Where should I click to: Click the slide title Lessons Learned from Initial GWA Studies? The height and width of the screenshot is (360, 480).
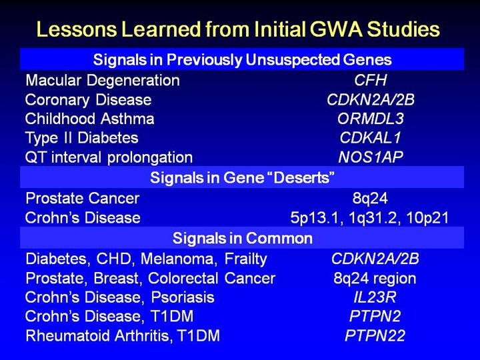[x=238, y=29]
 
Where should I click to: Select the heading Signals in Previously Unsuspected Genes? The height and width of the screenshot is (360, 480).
[x=242, y=59]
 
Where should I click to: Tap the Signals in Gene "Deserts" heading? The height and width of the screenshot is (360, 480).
[x=242, y=177]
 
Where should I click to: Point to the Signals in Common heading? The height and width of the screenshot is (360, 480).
[x=242, y=238]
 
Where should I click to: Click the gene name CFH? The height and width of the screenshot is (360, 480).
[x=371, y=80]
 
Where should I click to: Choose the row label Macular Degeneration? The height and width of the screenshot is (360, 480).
[x=103, y=81]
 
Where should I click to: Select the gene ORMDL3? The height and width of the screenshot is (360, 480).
[x=371, y=119]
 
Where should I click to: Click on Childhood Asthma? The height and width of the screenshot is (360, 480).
[x=90, y=119]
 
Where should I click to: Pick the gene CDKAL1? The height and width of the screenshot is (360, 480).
[x=371, y=138]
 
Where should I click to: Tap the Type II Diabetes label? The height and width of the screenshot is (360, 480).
[x=82, y=138]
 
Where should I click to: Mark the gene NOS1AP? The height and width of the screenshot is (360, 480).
[x=371, y=157]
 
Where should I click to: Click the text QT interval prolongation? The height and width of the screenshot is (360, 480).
[x=109, y=157]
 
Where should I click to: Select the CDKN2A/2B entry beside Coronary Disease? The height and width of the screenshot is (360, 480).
[x=371, y=100]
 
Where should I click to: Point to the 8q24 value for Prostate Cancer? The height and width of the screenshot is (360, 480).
[x=370, y=198]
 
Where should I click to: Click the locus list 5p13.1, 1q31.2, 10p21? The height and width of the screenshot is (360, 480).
[x=369, y=218]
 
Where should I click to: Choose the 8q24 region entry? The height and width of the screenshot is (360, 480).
[x=375, y=279]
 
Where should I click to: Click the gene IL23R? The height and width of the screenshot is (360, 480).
[x=375, y=297]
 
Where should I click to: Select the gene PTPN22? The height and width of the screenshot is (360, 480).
[x=375, y=335]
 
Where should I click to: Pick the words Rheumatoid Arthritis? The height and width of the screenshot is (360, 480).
[x=97, y=336]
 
